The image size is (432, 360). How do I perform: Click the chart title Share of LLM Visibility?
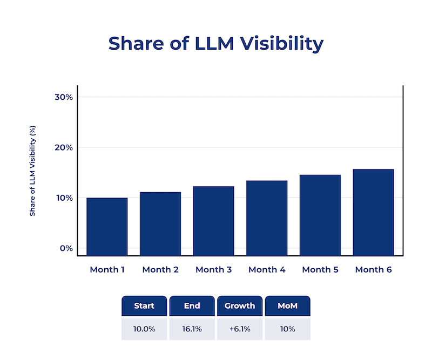[x=215, y=43]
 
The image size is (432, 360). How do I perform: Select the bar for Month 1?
[x=107, y=227]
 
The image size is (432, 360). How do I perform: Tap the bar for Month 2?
[x=160, y=224]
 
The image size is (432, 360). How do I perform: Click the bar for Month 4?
[x=267, y=218]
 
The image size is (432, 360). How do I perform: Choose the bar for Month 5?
[x=320, y=215]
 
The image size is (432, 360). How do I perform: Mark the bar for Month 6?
[x=373, y=212]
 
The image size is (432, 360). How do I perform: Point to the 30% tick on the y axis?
[x=64, y=97]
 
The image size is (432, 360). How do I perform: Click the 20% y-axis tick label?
[x=64, y=147]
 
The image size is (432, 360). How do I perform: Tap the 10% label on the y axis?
[x=64, y=198]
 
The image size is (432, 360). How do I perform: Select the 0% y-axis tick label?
[x=66, y=248]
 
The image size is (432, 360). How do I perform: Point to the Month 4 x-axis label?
[x=267, y=269]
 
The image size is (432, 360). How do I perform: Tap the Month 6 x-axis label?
[x=373, y=269]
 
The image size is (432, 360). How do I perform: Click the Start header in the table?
[x=144, y=306]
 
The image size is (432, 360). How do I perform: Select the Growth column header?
[x=240, y=306]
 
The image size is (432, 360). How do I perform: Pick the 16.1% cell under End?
[x=192, y=329]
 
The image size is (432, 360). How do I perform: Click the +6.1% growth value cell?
[x=240, y=329]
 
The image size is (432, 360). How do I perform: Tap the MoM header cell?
[x=287, y=306]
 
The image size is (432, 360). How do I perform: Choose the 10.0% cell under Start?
[x=144, y=329]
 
